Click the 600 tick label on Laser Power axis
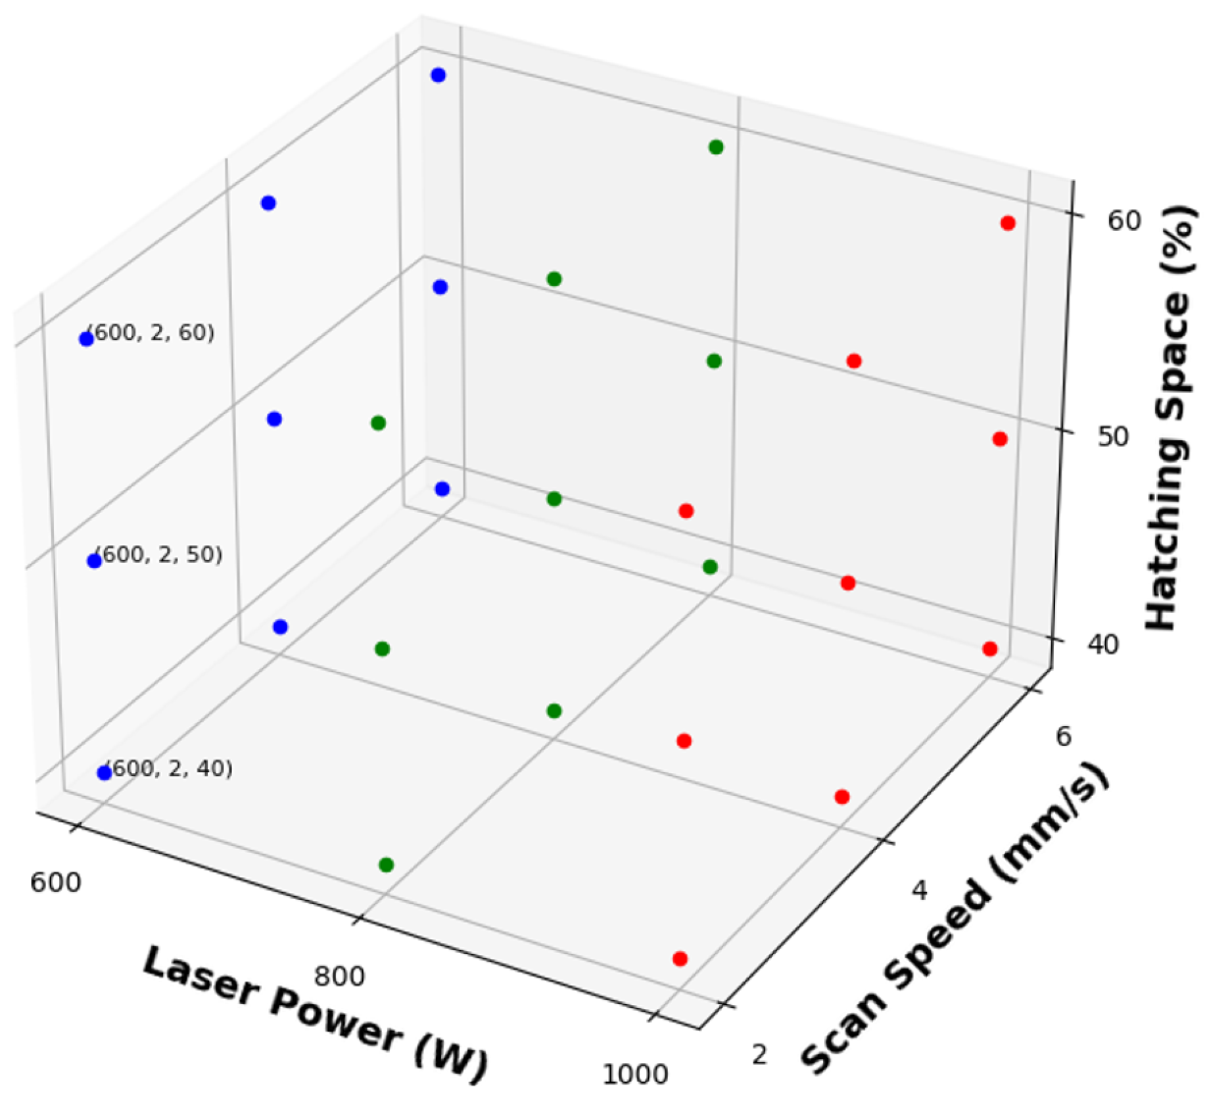56,882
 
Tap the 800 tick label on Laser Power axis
339,976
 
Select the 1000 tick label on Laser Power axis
635,1074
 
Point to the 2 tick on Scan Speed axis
759,1055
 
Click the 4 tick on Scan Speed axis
919,890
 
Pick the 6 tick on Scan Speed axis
1063,737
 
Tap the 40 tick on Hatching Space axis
1102,645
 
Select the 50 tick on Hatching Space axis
1113,437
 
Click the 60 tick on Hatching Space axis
1124,221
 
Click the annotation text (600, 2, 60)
152,333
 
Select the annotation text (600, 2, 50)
160,555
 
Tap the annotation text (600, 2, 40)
170,769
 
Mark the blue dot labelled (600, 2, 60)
86,339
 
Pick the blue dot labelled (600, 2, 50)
94,561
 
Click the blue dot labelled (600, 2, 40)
104,773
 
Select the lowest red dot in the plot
680,959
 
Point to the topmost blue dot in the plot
438,76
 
